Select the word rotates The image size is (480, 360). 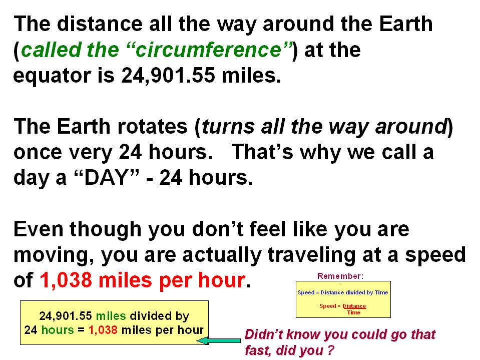153,127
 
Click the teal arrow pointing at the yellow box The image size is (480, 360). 218,340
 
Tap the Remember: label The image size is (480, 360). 340,276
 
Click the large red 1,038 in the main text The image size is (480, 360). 66,280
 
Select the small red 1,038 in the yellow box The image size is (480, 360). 103,330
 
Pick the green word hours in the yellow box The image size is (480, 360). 58,330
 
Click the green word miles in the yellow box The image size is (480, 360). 111,316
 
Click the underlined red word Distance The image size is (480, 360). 354,306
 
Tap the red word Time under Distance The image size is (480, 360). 354,312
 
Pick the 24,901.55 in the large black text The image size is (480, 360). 168,76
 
